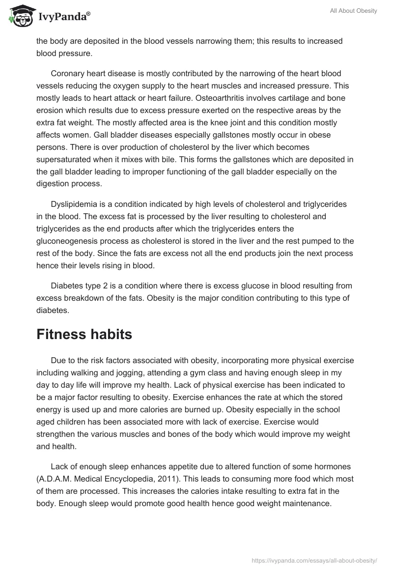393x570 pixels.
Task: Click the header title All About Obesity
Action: click(354, 11)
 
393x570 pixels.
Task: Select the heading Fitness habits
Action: click(84, 335)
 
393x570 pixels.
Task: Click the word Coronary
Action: click(68, 74)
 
